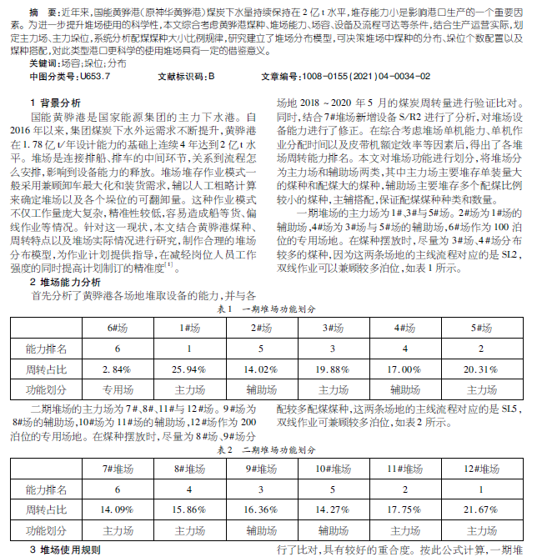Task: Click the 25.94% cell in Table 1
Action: [x=190, y=368]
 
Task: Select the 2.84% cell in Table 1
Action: [x=118, y=368]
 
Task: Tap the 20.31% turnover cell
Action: [x=480, y=368]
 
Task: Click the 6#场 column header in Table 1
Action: [x=118, y=328]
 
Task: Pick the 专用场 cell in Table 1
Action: [x=118, y=389]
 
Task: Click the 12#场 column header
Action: [x=480, y=469]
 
